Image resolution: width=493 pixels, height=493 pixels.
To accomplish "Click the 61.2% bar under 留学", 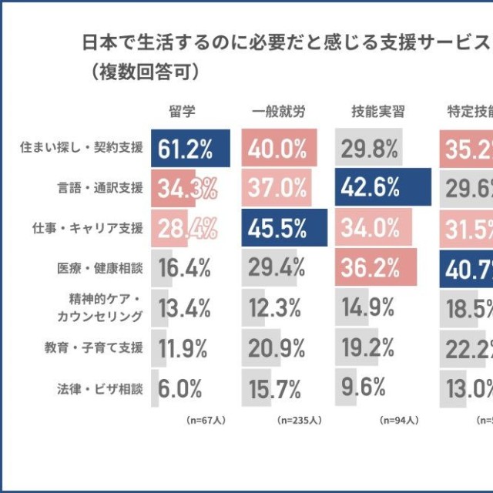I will (190, 148).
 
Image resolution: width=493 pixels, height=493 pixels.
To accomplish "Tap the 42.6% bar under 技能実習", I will (383, 188).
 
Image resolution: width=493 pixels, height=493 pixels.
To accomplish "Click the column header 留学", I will (182, 112).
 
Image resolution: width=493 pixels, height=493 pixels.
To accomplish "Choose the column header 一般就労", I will (278, 112).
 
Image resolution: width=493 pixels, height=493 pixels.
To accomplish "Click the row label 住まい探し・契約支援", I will (82, 148).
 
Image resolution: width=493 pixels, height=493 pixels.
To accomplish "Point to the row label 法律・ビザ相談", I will (99, 388).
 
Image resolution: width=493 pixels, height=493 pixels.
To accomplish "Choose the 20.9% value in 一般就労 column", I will (275, 348).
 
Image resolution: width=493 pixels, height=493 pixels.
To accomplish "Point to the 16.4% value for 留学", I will (185, 268).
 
